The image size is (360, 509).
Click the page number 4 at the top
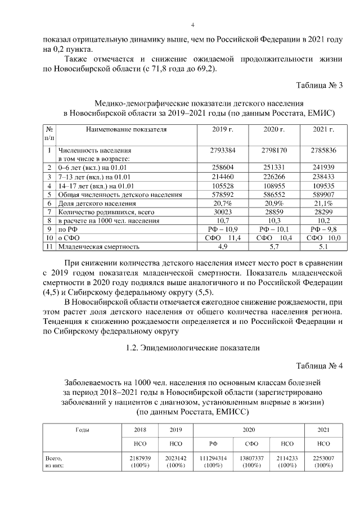click(x=192, y=25)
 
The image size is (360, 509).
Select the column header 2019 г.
click(x=223, y=129)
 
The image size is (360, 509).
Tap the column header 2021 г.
click(x=323, y=129)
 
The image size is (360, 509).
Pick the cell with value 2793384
click(x=223, y=151)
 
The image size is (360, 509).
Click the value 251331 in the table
click(x=274, y=168)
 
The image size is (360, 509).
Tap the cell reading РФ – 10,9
click(x=223, y=229)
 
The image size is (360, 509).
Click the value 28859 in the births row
click(x=274, y=211)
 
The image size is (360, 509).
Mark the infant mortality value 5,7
click(x=274, y=246)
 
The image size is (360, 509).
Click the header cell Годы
click(x=82, y=430)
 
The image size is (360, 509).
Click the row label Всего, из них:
click(x=55, y=462)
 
